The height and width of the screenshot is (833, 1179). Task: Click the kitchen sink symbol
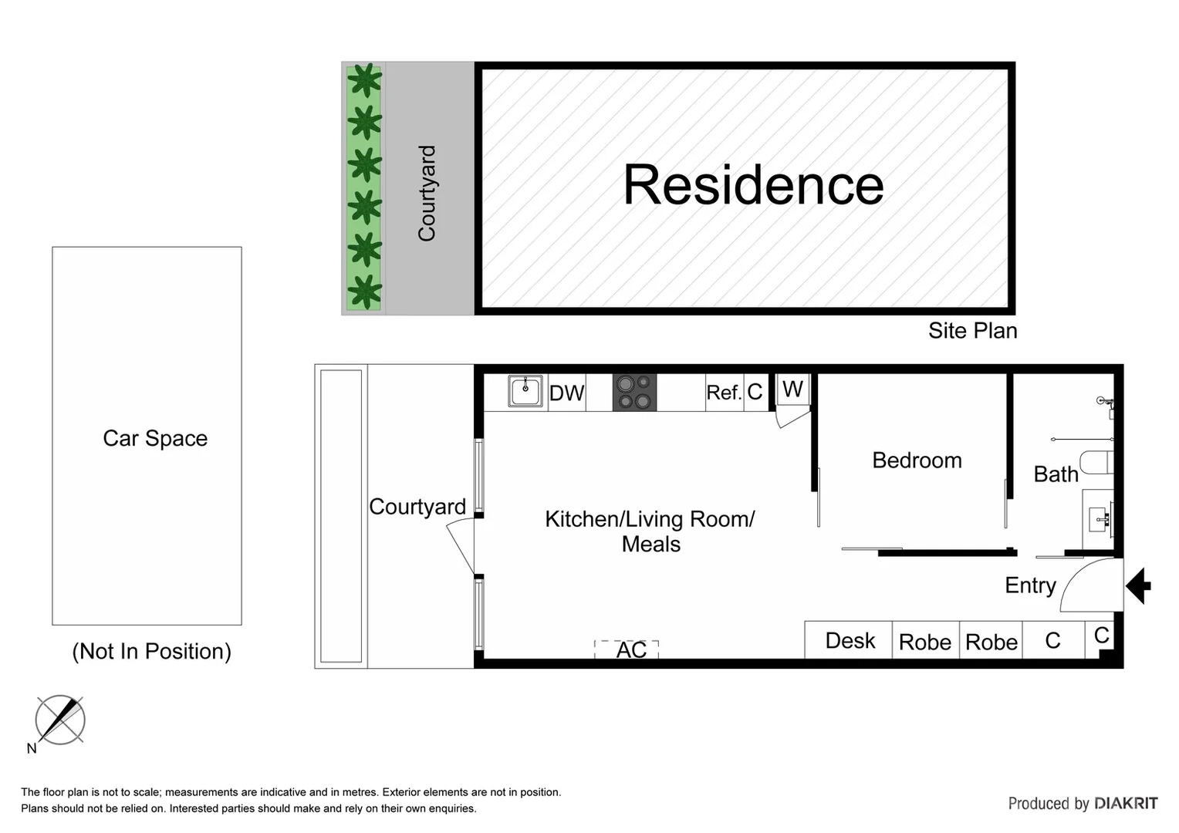pos(525,391)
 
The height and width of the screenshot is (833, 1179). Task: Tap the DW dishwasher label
pos(566,393)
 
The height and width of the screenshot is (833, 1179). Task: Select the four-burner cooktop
pos(634,392)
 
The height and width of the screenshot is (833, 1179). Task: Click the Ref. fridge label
pos(723,393)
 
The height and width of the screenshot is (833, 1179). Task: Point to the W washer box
pos(792,389)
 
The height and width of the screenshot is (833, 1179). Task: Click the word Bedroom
pos(917,460)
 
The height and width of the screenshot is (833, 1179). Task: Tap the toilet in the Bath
pos(1096,463)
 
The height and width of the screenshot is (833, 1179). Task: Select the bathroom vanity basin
pos(1099,520)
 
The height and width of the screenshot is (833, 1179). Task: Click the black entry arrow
pos(1138,585)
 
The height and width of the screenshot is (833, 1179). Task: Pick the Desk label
pos(850,641)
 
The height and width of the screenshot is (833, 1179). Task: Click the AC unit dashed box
pos(627,649)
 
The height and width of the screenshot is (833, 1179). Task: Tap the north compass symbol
pos(60,720)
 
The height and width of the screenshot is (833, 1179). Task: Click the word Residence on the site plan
pos(752,185)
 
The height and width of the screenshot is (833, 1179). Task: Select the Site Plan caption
pos(972,331)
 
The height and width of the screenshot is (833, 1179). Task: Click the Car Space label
pos(155,438)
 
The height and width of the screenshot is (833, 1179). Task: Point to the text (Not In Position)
pos(151,651)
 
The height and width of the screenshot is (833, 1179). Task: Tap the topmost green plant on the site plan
pos(364,79)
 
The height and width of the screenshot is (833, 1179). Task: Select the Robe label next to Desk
pos(924,642)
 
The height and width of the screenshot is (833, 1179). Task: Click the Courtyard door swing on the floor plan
pos(461,545)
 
